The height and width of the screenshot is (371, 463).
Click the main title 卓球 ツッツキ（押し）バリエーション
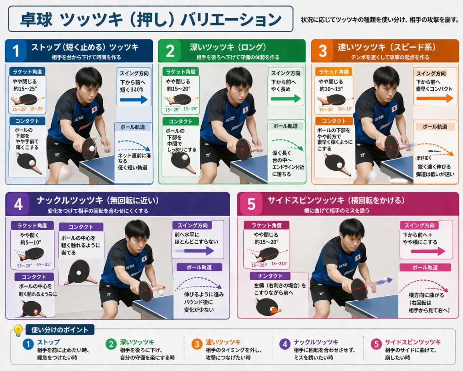(x=151, y=19)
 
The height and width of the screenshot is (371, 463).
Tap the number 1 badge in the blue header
(x=17, y=51)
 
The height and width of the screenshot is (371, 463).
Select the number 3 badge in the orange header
(x=323, y=51)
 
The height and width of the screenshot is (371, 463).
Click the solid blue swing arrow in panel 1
(x=134, y=100)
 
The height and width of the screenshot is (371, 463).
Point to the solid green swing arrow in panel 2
(x=285, y=98)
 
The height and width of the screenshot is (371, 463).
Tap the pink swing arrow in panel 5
(x=425, y=251)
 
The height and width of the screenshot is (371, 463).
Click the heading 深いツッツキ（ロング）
(x=228, y=47)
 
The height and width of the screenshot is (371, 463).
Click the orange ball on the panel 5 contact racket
(x=274, y=309)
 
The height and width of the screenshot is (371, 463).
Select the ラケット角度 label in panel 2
(x=180, y=72)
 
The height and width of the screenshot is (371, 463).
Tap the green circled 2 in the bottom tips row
(x=111, y=344)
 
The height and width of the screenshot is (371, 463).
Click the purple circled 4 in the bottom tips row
(x=284, y=344)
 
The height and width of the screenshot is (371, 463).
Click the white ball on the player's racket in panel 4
(x=161, y=293)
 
